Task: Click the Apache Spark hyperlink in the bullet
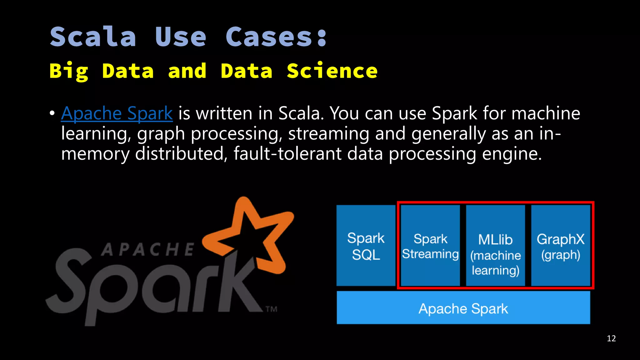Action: click(x=117, y=113)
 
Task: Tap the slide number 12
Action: click(x=611, y=338)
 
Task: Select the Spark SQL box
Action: click(x=366, y=246)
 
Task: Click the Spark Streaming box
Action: click(x=430, y=246)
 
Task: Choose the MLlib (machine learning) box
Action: click(x=495, y=246)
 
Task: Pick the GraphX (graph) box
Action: click(x=560, y=246)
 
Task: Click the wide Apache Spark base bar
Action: click(x=463, y=308)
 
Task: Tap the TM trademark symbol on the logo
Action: click(x=271, y=309)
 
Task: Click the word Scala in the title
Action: click(x=93, y=37)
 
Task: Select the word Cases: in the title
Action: click(x=276, y=37)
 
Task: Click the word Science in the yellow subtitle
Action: click(x=332, y=71)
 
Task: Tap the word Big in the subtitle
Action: click(x=69, y=72)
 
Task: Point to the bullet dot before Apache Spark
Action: click(x=52, y=113)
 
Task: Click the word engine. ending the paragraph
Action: click(x=512, y=154)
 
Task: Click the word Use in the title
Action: click(x=181, y=37)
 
